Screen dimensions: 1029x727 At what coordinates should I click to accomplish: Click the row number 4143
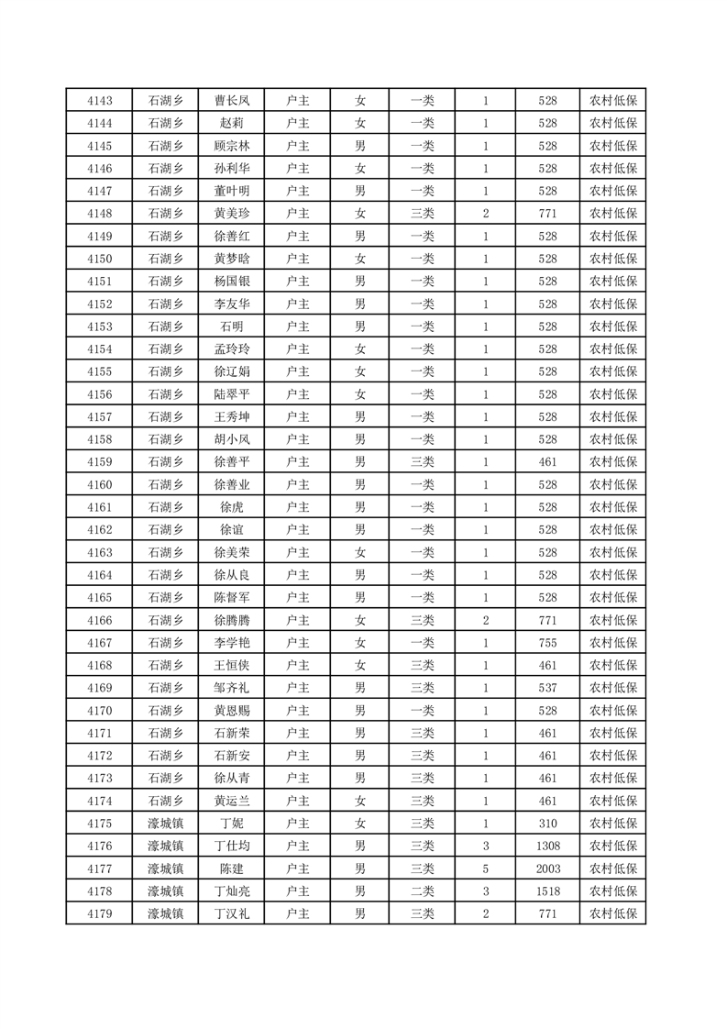tap(99, 100)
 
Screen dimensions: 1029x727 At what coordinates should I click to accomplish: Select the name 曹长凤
tap(232, 100)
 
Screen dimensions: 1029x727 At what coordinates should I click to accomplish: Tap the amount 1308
tap(547, 846)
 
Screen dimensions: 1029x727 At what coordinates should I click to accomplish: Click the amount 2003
tap(547, 869)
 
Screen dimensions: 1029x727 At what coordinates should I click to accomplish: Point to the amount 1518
tap(547, 891)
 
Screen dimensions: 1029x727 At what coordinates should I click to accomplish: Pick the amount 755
tap(547, 643)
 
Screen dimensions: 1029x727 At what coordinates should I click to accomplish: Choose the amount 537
tap(547, 688)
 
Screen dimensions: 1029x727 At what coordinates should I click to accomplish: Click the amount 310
tap(547, 824)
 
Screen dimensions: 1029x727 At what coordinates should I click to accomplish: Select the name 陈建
tap(232, 869)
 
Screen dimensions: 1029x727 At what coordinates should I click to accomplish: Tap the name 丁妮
tap(232, 824)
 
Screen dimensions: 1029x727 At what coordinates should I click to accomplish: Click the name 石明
tap(232, 326)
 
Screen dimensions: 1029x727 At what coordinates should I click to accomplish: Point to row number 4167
tap(99, 643)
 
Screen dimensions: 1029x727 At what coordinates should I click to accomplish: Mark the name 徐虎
tap(232, 507)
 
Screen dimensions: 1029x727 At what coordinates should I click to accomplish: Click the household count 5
tap(485, 869)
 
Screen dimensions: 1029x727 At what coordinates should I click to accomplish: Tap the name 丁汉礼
tap(232, 913)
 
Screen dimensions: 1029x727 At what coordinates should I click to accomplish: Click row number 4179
tap(99, 913)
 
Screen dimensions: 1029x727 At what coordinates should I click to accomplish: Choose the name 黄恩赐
tap(232, 711)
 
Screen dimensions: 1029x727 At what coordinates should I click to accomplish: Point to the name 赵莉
tap(232, 123)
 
